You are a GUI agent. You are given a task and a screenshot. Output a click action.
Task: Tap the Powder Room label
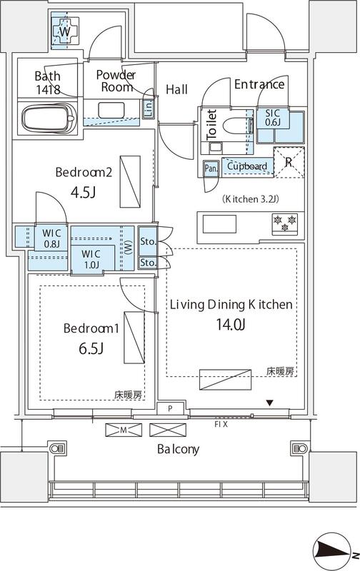coord(116,81)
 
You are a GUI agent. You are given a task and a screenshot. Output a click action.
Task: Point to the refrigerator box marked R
coord(288,161)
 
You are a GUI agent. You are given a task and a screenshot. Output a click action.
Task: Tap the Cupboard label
coord(247,166)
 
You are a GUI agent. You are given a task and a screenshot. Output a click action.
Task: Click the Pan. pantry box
coord(211,168)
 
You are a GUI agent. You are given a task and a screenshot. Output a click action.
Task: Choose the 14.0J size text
coord(230,325)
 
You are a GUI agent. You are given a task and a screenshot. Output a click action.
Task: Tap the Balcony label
coord(179,450)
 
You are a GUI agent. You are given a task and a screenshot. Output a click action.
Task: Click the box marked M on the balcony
coord(123,430)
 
